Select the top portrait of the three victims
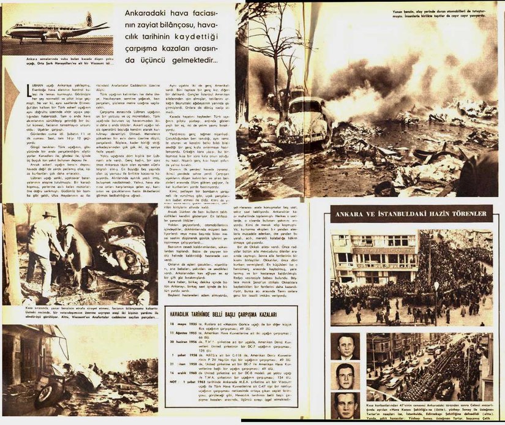point(346,346)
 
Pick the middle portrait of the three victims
point(346,375)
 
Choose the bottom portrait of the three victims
point(346,405)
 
